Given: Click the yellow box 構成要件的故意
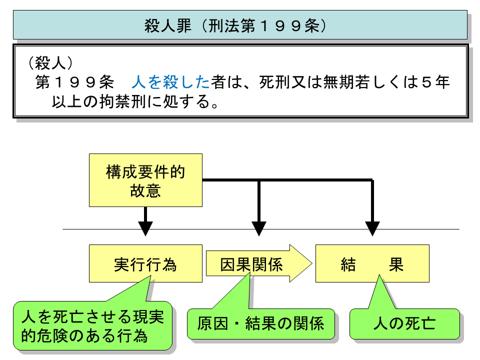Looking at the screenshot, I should tap(145, 180).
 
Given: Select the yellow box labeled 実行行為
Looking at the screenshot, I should tap(145, 263).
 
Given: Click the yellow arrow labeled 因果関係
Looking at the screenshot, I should tap(252, 263).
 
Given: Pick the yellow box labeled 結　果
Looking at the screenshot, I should tap(372, 263).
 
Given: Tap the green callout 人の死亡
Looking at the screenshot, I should tap(404, 323).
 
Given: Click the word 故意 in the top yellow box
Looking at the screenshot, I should tap(145, 190).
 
